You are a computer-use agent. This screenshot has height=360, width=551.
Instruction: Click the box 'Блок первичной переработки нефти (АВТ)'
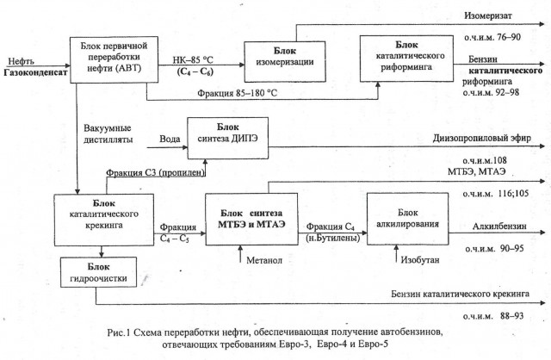click(x=107, y=62)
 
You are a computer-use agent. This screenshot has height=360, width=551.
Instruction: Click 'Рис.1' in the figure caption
click(x=125, y=332)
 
